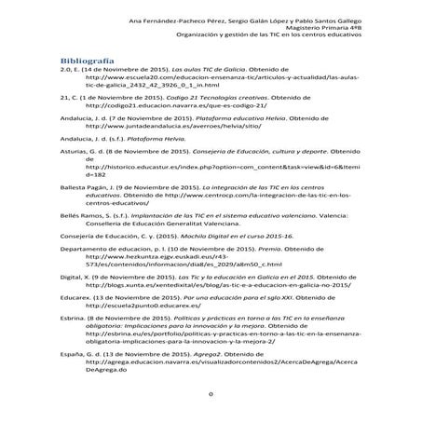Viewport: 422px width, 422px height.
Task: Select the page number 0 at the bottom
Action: (211, 394)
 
